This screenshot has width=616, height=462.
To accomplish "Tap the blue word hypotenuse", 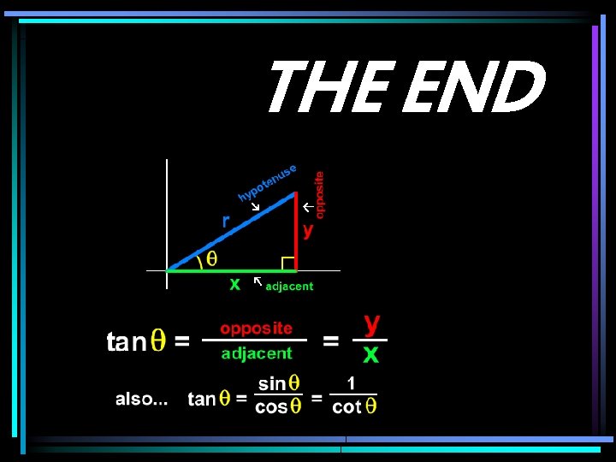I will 268,183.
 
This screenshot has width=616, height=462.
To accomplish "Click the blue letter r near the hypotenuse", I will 226,221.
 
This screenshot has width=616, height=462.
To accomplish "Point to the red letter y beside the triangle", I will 309,230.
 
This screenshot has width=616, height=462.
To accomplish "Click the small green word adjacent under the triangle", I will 289,287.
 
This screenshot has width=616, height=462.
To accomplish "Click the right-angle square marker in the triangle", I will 289,263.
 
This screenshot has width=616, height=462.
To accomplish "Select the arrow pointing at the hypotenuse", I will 254,206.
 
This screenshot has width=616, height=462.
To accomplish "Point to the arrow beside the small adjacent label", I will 258,281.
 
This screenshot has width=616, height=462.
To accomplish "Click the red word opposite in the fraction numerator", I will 256,328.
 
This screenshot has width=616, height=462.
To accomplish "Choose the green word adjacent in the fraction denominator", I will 257,352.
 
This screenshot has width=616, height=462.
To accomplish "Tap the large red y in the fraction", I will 372,323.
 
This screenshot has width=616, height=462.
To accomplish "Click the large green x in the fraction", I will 370,353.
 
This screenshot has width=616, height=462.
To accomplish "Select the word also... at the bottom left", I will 142,399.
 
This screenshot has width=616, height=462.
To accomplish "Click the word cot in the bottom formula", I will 346,407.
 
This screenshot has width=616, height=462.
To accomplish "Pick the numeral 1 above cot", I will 352,382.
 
